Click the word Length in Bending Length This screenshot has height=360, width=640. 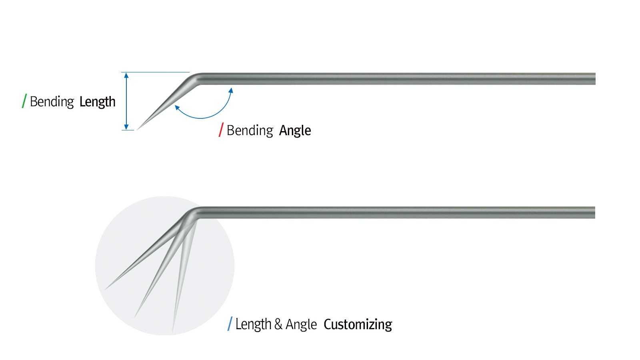[97, 102]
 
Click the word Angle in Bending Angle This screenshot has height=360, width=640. [295, 131]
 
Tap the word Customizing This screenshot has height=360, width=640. [358, 324]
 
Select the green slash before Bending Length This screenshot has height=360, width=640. [24, 101]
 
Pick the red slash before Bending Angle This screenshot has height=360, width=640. [221, 130]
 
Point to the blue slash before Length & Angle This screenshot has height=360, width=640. [230, 324]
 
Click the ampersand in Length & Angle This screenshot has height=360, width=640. [278, 324]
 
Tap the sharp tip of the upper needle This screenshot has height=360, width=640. [138, 129]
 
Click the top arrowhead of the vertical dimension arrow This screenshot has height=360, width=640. [126, 75]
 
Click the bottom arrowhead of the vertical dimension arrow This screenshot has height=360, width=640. [126, 127]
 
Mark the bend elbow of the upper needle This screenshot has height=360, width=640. [195, 78]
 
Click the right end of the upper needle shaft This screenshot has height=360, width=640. [594, 79]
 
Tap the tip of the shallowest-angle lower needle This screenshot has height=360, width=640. [106, 289]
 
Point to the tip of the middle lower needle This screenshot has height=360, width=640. [135, 317]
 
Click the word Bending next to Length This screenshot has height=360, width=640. [52, 102]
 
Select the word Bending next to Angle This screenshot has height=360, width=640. [250, 131]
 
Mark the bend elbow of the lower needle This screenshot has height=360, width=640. [194, 212]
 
